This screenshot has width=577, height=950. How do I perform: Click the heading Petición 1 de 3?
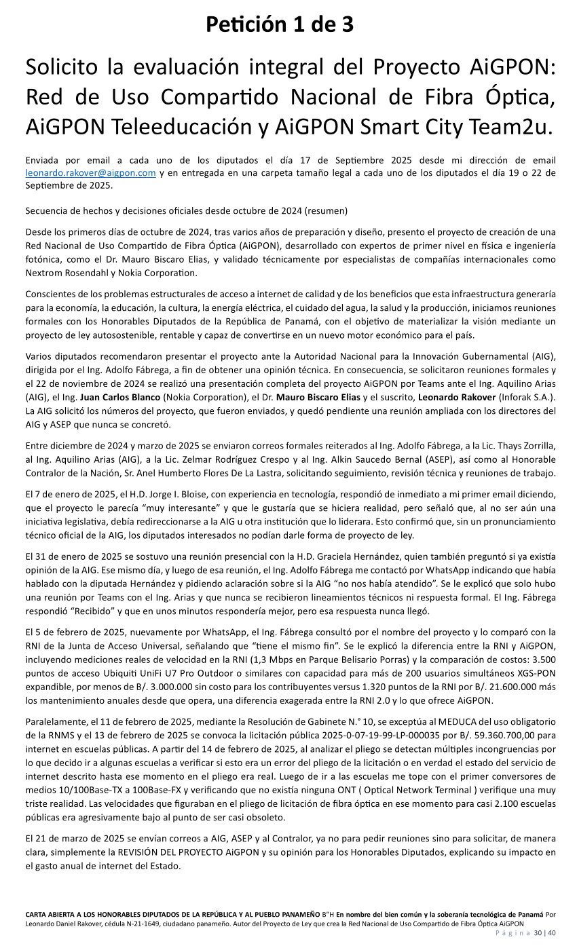tap(280, 25)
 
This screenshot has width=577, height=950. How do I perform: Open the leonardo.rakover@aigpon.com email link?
tap(90, 173)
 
